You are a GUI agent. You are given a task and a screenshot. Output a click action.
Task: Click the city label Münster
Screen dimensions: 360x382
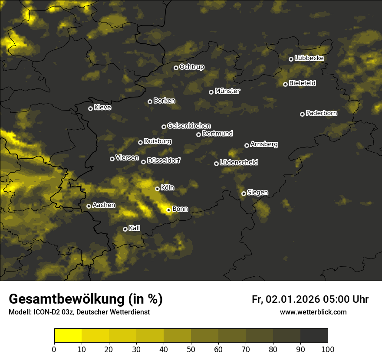227,91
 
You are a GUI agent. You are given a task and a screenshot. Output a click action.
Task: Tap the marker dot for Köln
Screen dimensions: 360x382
157,189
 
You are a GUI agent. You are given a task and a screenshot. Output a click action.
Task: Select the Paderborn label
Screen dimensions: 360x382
322,113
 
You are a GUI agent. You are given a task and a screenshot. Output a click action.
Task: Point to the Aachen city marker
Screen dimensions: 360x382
89,206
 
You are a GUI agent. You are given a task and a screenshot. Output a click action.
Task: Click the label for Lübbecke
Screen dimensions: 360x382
310,58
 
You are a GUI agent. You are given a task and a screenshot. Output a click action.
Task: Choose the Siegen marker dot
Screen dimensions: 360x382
244,193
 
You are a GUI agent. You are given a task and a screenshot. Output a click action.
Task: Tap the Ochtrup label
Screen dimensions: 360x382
192,67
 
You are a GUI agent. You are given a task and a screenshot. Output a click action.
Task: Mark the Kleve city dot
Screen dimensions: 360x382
90,108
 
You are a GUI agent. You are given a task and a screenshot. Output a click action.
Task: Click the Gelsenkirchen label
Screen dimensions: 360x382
189,126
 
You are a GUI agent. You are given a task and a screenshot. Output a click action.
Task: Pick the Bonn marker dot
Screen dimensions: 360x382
168,210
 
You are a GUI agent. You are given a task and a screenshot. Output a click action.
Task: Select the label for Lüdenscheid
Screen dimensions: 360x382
239,163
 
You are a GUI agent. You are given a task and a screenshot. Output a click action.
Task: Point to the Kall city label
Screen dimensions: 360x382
135,228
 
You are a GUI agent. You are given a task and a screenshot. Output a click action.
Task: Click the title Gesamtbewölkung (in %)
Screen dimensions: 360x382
86,299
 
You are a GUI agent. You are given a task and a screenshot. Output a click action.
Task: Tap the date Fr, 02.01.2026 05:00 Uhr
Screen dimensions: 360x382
310,299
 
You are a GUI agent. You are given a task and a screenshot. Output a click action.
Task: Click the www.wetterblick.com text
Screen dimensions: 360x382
313,312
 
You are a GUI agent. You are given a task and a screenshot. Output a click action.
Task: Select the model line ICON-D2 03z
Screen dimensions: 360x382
79,312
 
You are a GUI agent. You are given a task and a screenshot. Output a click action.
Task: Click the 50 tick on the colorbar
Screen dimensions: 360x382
191,349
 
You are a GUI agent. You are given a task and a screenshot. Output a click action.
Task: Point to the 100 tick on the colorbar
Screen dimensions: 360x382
327,349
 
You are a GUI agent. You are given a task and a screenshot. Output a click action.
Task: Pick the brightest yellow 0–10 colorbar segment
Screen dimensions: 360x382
68,335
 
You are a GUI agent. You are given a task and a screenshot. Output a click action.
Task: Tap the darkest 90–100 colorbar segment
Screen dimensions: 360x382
314,335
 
